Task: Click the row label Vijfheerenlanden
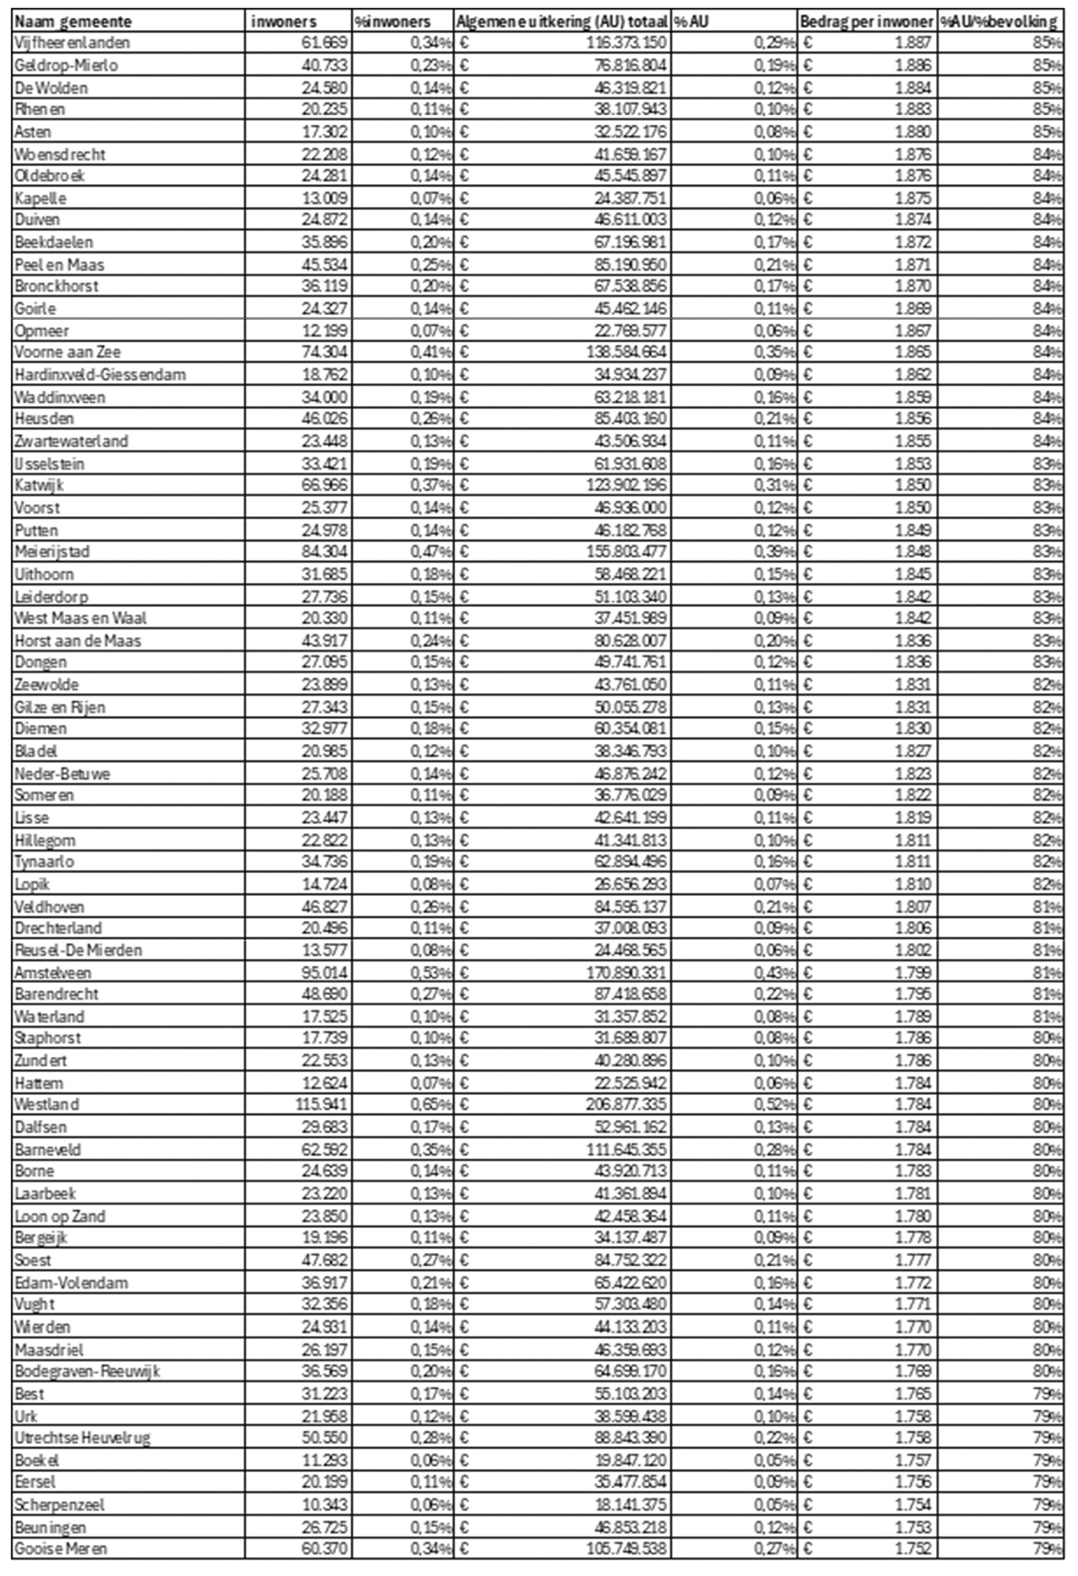point(72,43)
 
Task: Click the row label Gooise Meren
point(61,1548)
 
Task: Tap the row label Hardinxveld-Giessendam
point(99,374)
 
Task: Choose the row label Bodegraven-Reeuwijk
point(87,1371)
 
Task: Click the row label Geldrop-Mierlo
point(66,65)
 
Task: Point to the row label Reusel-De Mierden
point(79,950)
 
